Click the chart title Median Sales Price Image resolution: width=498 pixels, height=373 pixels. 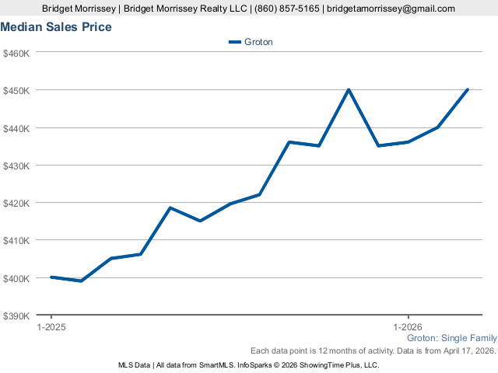click(x=56, y=27)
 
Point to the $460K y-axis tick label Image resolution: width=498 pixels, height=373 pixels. click(x=16, y=53)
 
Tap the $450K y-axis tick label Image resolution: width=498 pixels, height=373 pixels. click(x=16, y=90)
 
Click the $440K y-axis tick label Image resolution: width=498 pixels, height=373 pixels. click(x=16, y=127)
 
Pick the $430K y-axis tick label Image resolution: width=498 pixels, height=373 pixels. click(x=16, y=166)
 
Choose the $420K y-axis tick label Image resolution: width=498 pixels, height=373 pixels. click(x=16, y=203)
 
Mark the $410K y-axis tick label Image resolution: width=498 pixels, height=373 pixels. click(x=16, y=240)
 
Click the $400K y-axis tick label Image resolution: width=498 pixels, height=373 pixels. click(x=16, y=278)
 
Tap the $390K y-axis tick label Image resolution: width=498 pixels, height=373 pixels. click(x=16, y=315)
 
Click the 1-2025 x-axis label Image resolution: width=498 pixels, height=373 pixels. click(x=51, y=327)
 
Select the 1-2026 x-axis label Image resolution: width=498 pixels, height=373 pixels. click(x=408, y=327)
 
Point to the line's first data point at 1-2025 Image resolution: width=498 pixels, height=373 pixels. click(x=51, y=277)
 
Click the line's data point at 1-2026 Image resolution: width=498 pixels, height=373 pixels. click(x=408, y=141)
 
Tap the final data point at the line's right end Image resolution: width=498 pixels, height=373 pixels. click(x=468, y=89)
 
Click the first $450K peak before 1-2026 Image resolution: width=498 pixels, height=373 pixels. click(x=349, y=89)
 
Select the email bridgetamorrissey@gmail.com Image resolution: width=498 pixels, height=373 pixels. click(x=391, y=9)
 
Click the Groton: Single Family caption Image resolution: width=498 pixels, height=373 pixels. click(x=452, y=339)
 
